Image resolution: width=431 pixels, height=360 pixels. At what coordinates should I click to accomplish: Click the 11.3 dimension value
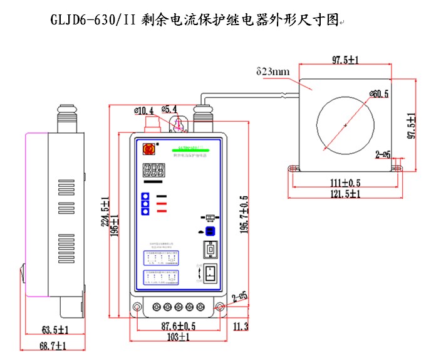[x=241, y=326]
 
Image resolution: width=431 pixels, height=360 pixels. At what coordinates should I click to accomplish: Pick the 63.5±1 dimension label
[x=55, y=329]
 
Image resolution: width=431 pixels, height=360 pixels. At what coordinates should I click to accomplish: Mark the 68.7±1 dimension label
[x=55, y=346]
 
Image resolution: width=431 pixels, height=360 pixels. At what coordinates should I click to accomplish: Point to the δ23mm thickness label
[x=273, y=71]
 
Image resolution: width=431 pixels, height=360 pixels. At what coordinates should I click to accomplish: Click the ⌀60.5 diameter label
[x=378, y=94]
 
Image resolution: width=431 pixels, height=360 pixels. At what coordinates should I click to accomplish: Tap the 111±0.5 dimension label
[x=345, y=183]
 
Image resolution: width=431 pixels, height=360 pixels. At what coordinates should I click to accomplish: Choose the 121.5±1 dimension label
[x=345, y=194]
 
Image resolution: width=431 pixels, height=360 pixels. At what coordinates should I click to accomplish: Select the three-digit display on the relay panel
[x=154, y=170]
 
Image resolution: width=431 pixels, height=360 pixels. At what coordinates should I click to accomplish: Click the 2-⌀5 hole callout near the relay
[x=240, y=296]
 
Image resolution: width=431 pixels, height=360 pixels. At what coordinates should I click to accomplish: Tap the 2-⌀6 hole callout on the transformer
[x=383, y=154]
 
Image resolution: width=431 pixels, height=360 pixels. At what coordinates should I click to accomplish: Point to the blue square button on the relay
[x=211, y=231]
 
